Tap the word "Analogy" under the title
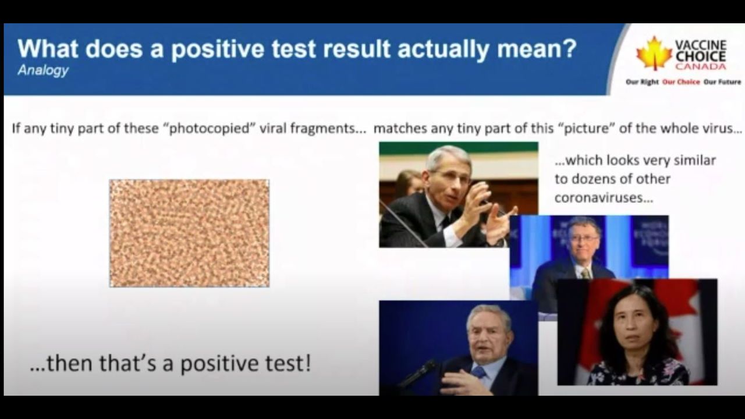[x=43, y=70]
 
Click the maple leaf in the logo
[x=654, y=53]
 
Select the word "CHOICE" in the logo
[x=701, y=56]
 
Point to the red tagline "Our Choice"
[x=681, y=82]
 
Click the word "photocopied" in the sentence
[x=210, y=129]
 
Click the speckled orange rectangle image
[x=189, y=233]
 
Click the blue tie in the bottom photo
[x=478, y=372]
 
